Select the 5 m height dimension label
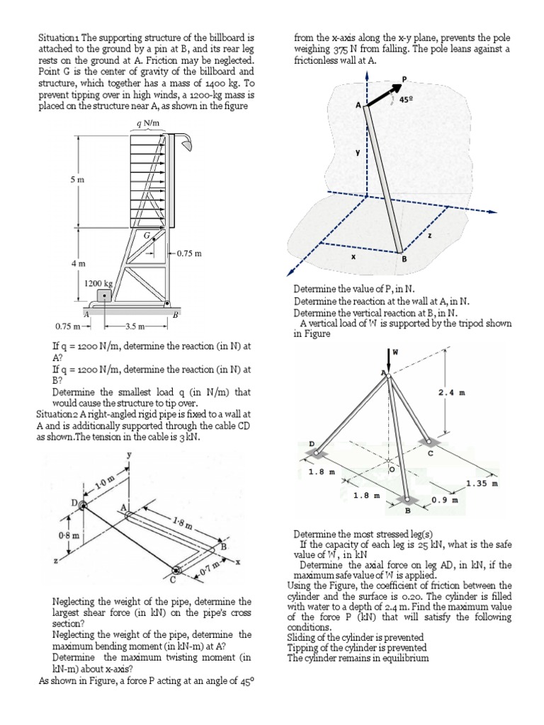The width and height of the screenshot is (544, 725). (x=76, y=180)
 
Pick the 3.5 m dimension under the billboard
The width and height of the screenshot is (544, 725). (x=135, y=326)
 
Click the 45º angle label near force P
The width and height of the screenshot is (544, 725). (x=407, y=101)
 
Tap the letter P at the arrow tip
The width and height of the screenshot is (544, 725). (x=404, y=79)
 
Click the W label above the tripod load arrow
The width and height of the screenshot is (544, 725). (x=395, y=351)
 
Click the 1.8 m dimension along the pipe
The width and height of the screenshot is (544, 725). (x=181, y=525)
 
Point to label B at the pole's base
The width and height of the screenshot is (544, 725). (x=405, y=260)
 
